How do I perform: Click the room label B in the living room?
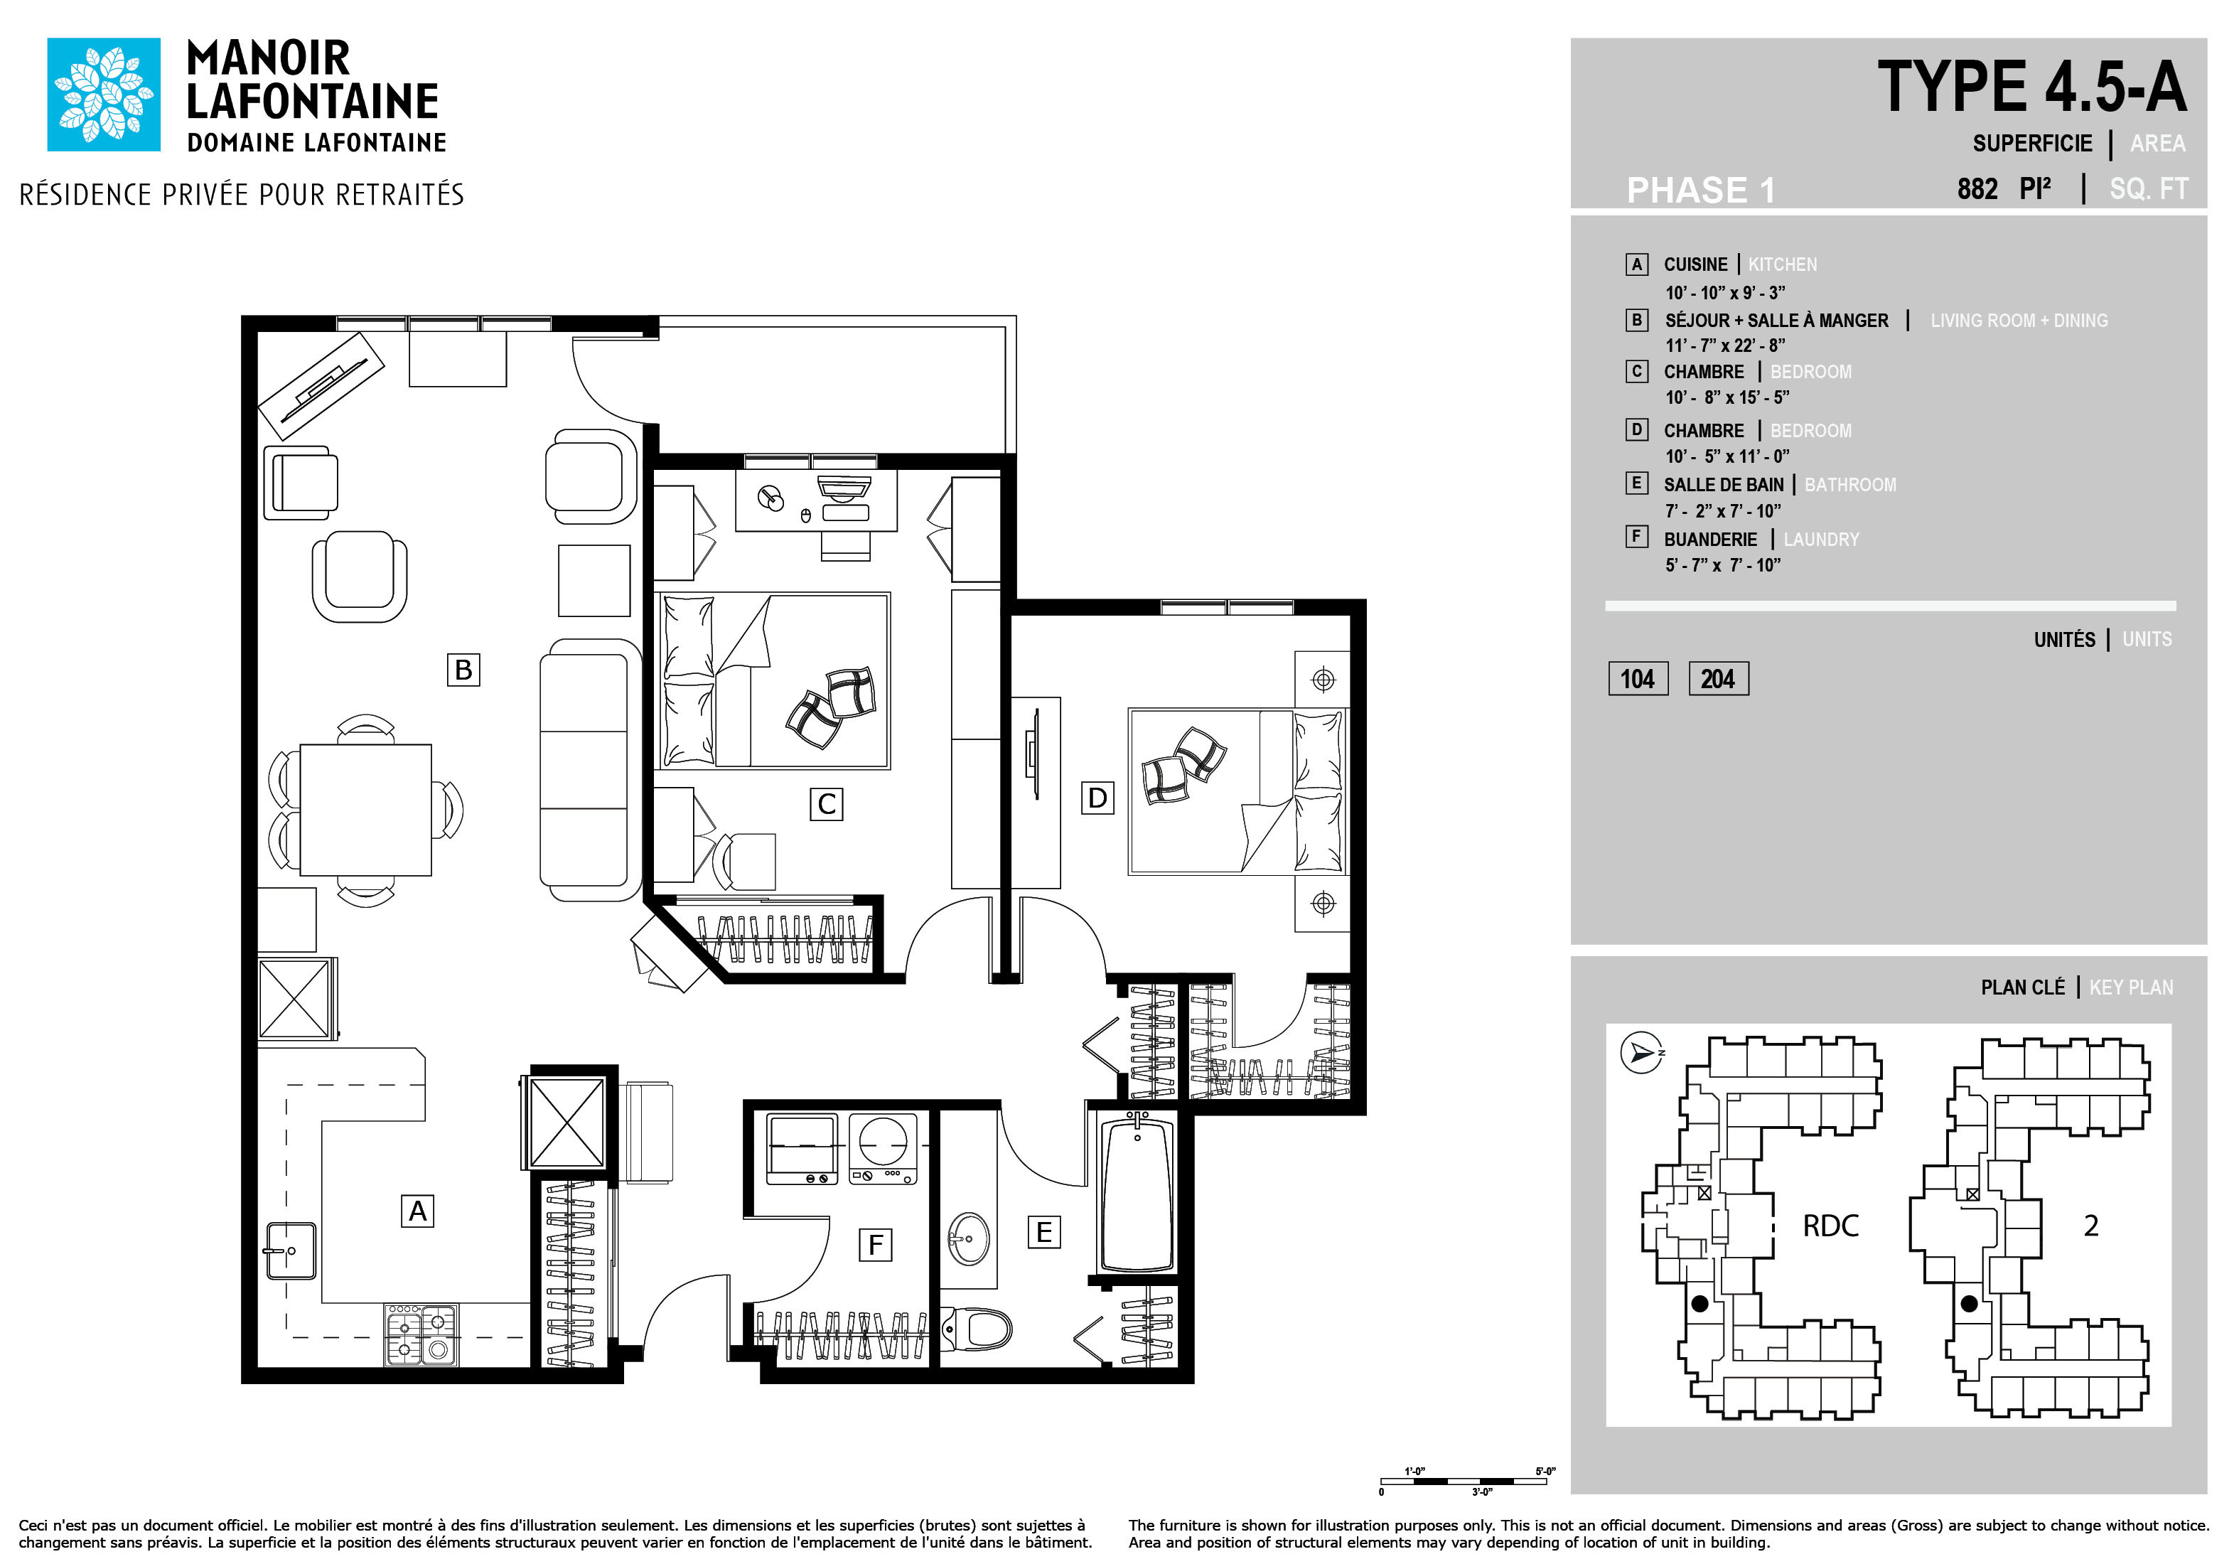[x=463, y=670]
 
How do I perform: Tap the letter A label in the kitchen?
[x=417, y=1211]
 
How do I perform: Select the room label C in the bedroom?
[x=826, y=805]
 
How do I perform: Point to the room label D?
[x=1097, y=798]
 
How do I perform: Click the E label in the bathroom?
[x=1043, y=1233]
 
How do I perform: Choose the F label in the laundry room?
[x=876, y=1244]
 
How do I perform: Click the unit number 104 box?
[x=1638, y=679]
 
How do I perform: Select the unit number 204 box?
[x=1718, y=679]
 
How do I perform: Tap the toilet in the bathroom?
[x=976, y=1328]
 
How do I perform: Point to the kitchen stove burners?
[x=422, y=1335]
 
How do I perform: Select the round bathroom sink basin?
[x=970, y=1238]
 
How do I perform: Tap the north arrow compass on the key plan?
[x=1641, y=1053]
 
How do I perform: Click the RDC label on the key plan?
[x=1830, y=1226]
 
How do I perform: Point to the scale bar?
[x=1464, y=1481]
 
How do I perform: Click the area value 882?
[x=1977, y=189]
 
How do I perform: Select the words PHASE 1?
[x=1701, y=190]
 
